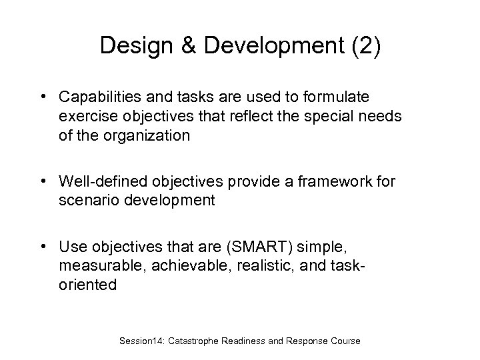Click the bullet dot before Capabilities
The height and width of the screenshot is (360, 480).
click(43, 98)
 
